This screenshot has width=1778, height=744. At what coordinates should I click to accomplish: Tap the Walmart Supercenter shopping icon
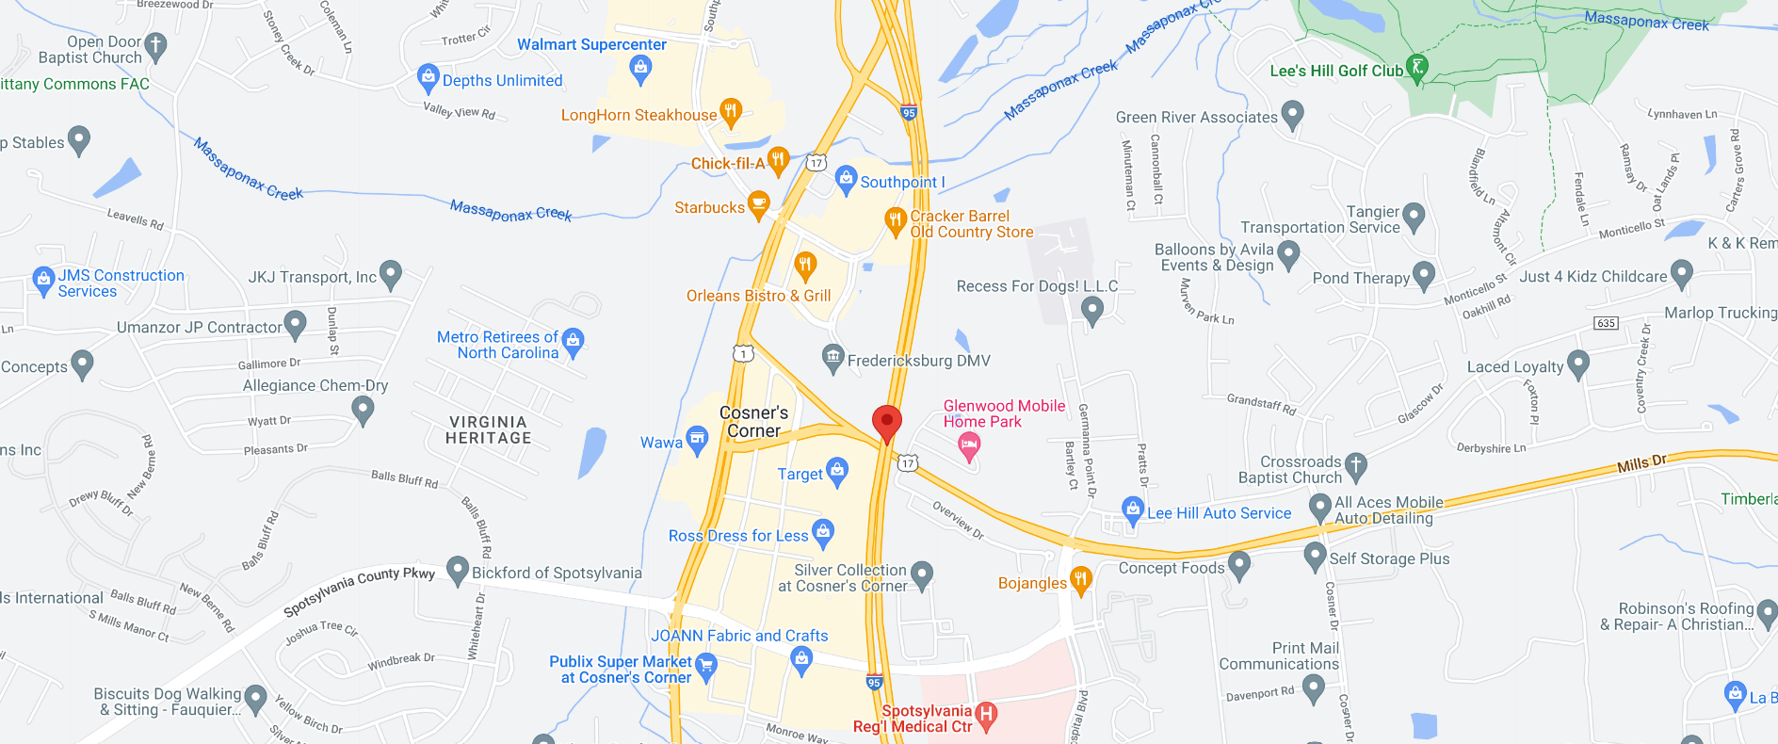pos(641,66)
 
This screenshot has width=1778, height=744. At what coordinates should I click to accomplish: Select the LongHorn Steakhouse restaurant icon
pos(731,111)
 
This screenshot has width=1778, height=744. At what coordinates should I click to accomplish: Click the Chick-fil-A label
pos(727,164)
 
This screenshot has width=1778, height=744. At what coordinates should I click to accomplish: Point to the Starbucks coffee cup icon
pos(758,203)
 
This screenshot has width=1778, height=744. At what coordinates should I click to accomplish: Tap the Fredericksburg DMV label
pos(918,361)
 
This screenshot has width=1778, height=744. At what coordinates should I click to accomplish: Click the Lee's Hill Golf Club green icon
pos(1416,67)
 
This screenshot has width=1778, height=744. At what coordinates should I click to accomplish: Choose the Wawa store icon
pos(697,439)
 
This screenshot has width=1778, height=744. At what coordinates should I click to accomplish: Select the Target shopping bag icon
pos(836,470)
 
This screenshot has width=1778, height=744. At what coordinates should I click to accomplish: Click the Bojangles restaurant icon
pos(1081,579)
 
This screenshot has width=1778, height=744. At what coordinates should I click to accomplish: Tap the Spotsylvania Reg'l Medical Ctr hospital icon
pos(986,715)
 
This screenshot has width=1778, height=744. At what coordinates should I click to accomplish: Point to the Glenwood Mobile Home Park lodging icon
pos(968,447)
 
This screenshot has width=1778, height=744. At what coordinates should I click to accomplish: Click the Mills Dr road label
pos(1641,463)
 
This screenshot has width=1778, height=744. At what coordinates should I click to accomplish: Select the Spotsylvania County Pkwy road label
pos(359,591)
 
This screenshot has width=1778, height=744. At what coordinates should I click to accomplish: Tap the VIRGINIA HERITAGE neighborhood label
pos(488,430)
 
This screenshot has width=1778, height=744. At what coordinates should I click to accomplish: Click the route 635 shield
pos(1606,323)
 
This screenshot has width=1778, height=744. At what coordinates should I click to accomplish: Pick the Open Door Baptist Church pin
pos(156,45)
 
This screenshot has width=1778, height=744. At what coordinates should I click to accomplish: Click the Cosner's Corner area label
pos(753,422)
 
